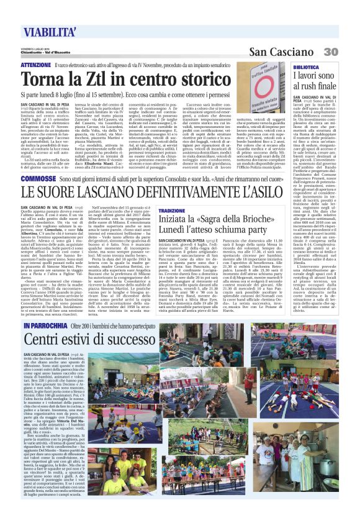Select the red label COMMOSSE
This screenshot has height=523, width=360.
pyautogui.click(x=37, y=179)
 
